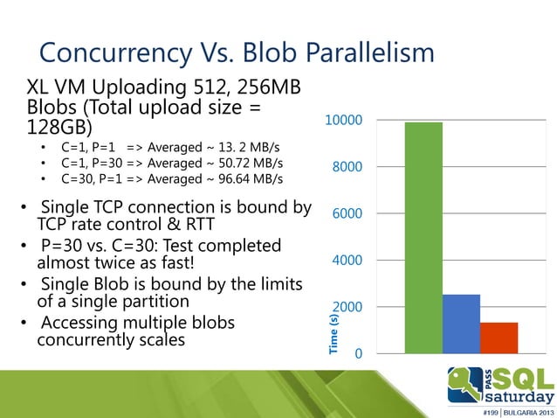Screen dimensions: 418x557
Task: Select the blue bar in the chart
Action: coord(461,324)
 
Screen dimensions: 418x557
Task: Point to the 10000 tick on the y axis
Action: coord(344,120)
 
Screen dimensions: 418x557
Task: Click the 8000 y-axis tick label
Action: coord(347,167)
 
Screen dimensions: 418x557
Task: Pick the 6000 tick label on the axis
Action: coord(347,213)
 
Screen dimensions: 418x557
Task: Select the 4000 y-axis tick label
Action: coord(347,261)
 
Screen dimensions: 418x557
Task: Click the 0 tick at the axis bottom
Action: coord(358,354)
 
